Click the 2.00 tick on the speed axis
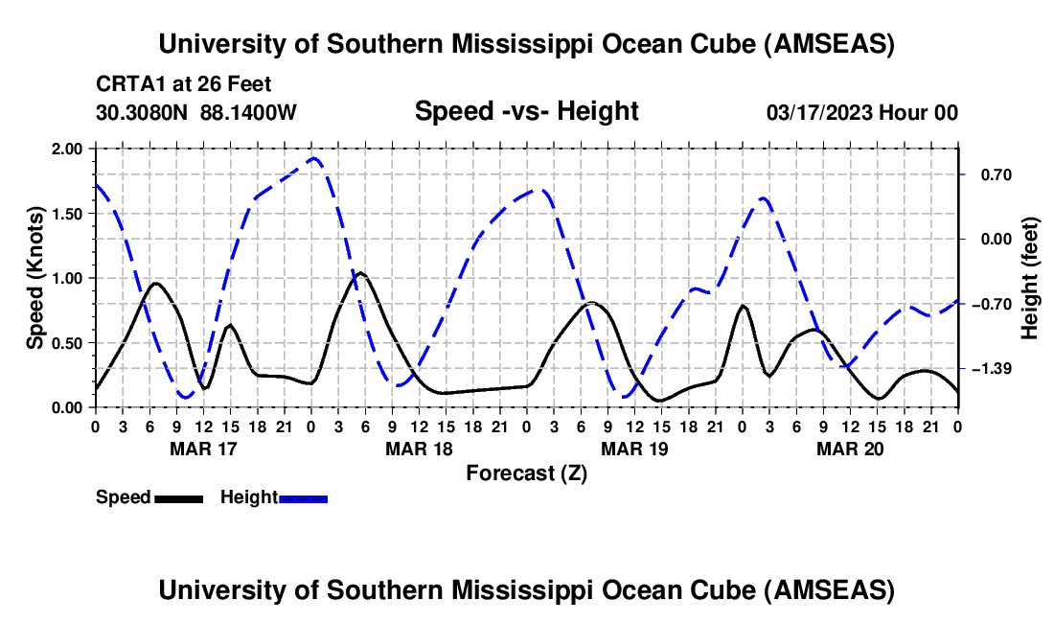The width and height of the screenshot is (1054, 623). click(x=69, y=149)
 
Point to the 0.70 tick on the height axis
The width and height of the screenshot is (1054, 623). click(x=985, y=174)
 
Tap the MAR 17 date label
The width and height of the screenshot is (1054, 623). click(x=202, y=448)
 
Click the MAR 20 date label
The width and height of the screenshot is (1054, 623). click(x=849, y=448)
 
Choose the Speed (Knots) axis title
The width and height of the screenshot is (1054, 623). click(x=35, y=278)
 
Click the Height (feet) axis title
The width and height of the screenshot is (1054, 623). click(x=1030, y=278)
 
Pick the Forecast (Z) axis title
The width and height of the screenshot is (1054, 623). click(x=526, y=473)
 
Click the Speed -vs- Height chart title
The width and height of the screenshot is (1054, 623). click(x=526, y=111)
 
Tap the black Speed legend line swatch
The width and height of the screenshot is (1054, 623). click(x=178, y=497)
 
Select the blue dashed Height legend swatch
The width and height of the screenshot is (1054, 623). click(x=303, y=497)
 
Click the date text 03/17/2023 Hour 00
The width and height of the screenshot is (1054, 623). click(x=862, y=112)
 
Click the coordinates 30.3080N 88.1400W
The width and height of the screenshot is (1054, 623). click(x=196, y=112)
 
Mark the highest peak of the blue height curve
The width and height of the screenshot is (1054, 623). click(x=313, y=158)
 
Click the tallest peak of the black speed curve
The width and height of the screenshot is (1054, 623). click(x=360, y=273)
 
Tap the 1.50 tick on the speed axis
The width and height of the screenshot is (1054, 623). click(x=69, y=214)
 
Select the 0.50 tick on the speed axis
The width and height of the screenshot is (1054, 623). click(x=69, y=342)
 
